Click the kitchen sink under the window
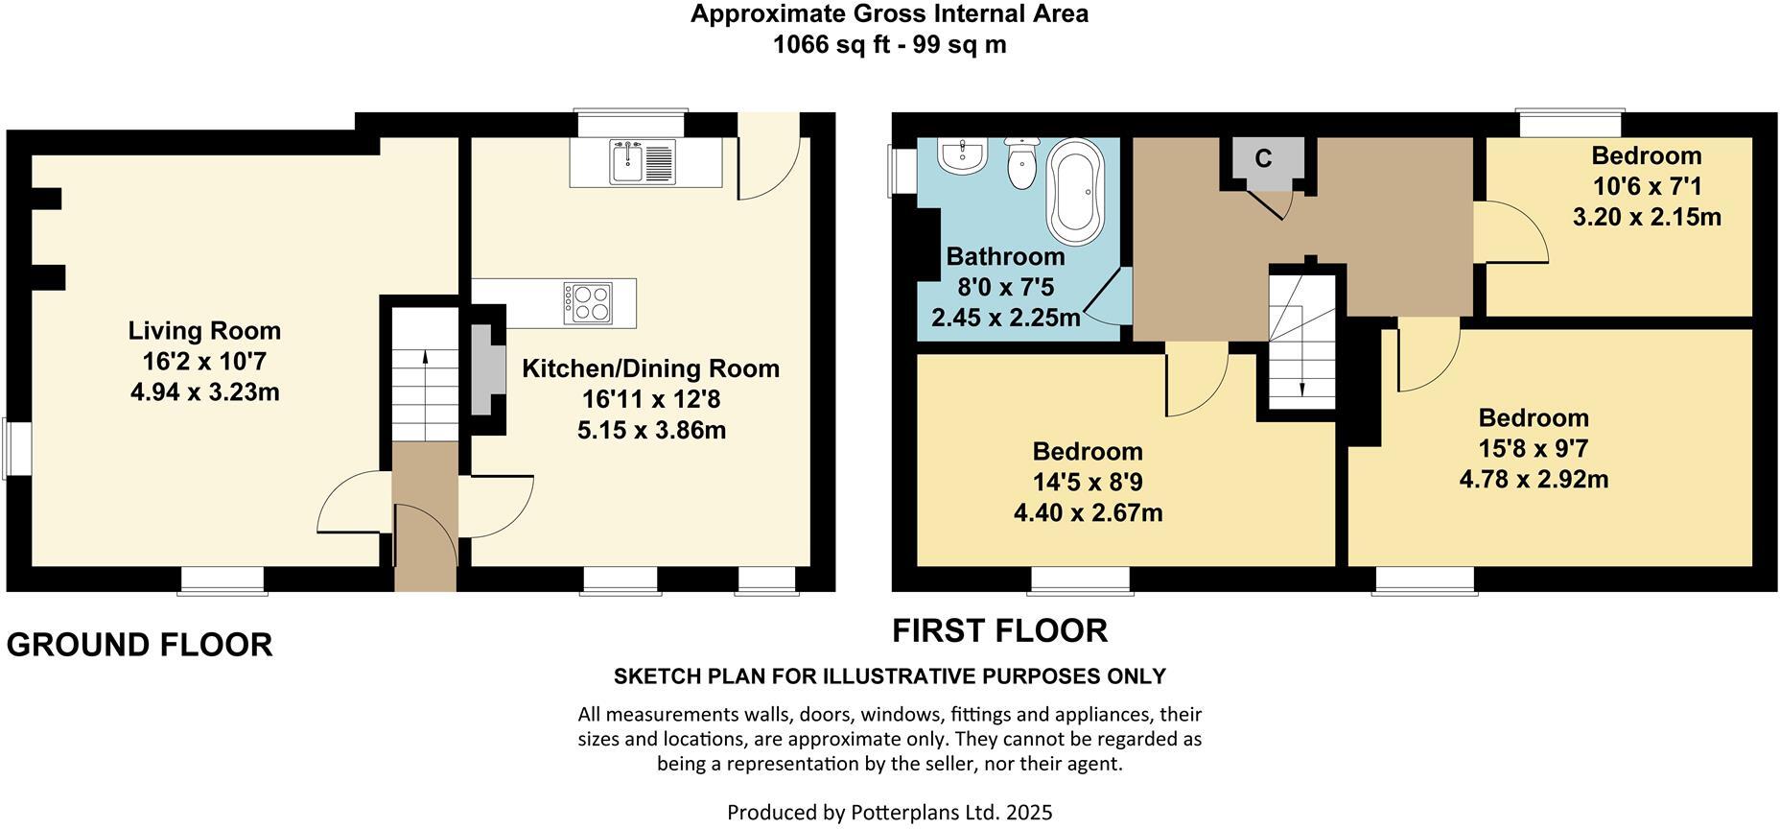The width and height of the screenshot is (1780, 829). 644,161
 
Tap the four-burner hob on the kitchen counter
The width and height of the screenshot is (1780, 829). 588,302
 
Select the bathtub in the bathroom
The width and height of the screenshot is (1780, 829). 1075,191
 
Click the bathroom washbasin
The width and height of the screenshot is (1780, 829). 960,155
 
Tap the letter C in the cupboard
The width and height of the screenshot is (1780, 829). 1263,158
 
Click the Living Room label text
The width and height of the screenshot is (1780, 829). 204,331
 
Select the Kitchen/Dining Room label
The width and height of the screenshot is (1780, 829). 650,368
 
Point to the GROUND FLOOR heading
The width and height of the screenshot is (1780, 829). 140,645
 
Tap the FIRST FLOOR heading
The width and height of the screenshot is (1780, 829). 999,630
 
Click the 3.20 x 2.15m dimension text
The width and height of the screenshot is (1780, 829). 1647,217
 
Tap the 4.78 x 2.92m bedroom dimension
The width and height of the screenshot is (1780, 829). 1534,479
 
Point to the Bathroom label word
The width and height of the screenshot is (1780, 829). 1005,256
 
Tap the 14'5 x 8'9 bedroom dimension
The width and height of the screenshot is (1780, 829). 1088,482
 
